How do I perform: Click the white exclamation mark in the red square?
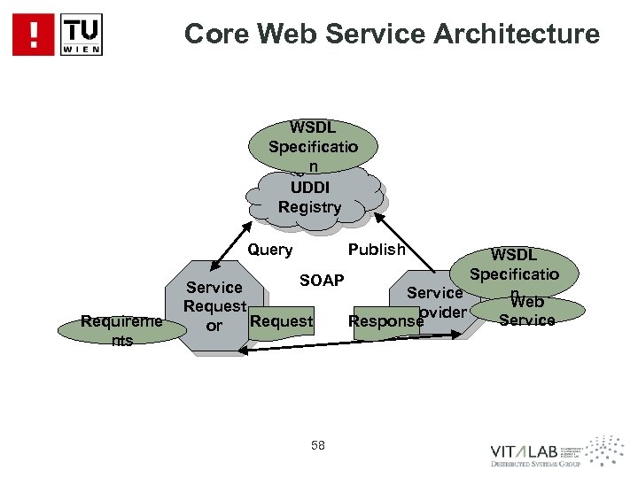[x=34, y=35]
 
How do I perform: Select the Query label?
[x=270, y=250]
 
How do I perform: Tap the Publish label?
[x=377, y=250]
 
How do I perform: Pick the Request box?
[x=282, y=321]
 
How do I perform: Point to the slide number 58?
[x=318, y=445]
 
